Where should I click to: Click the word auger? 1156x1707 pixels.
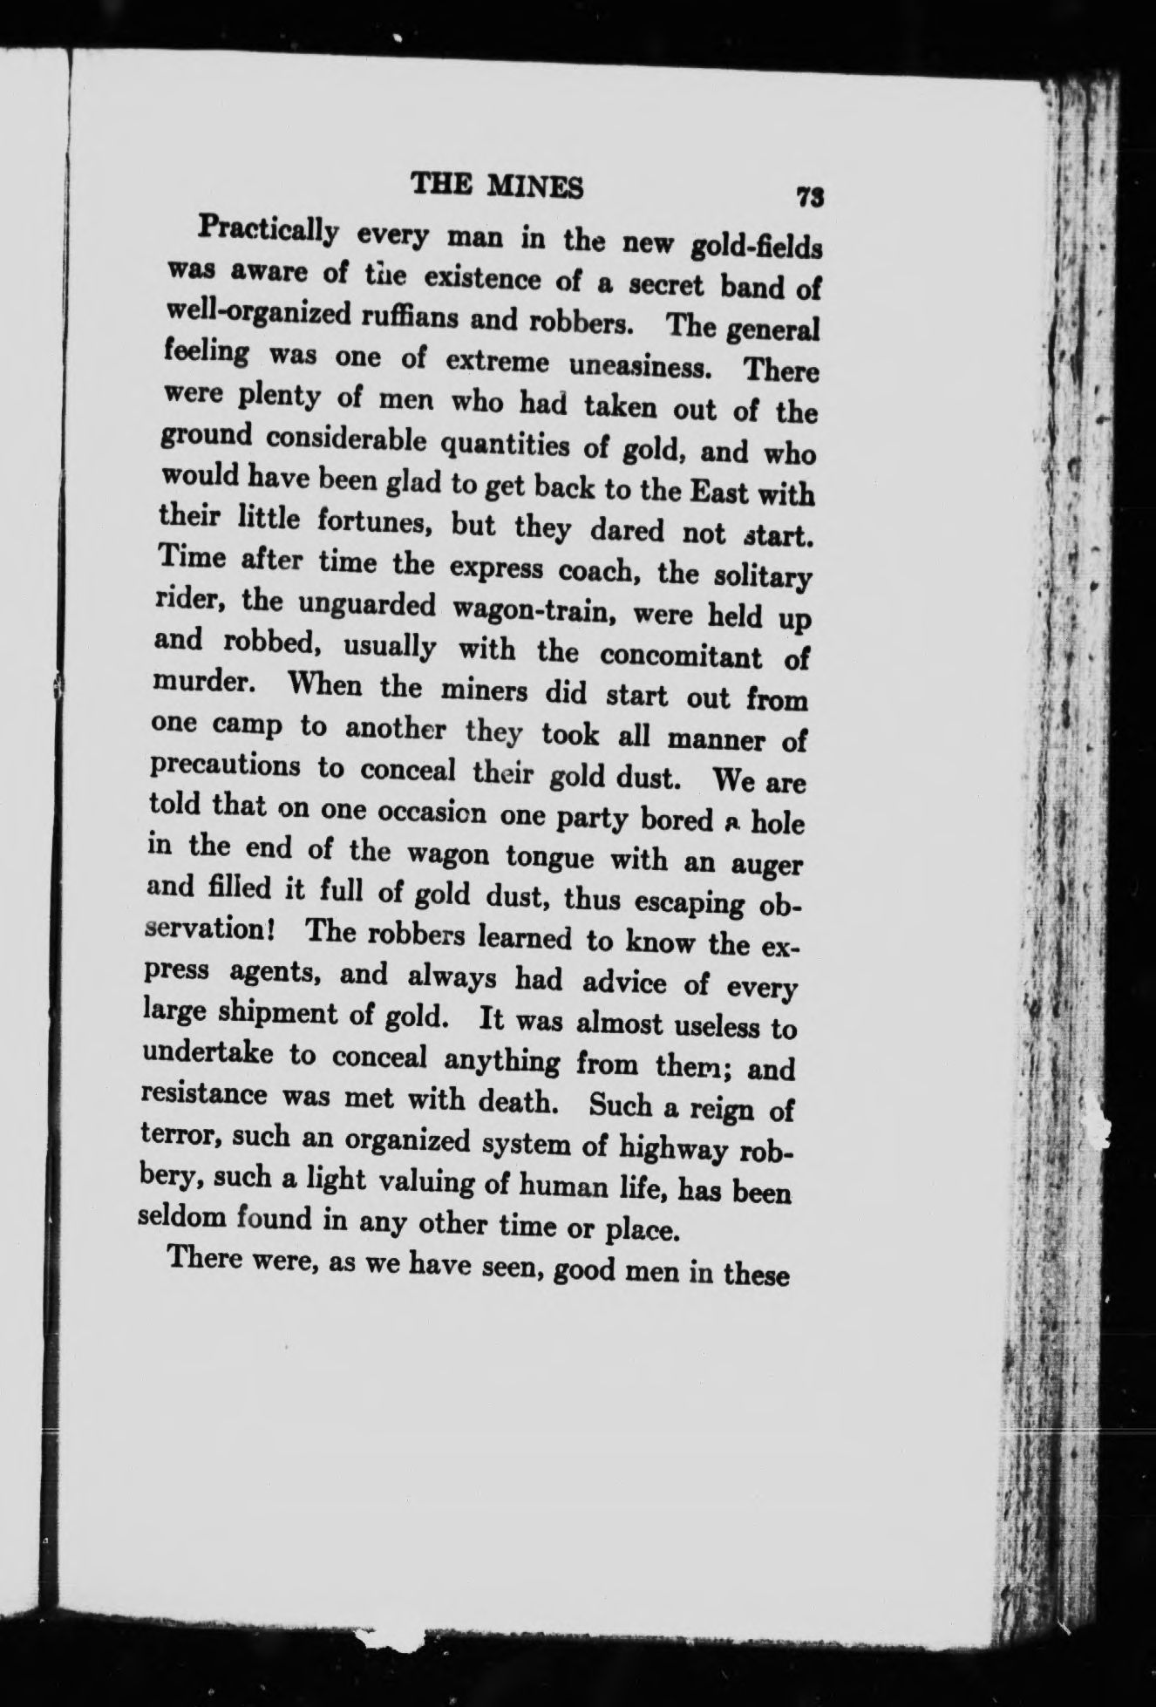tap(765, 865)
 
